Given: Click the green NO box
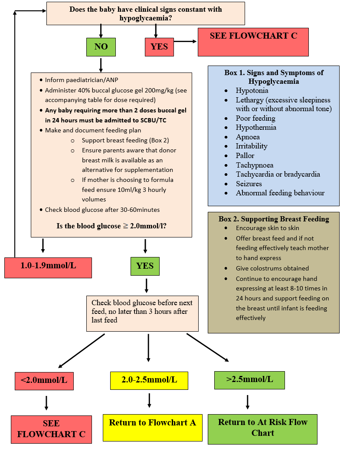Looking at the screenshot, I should [x=101, y=47].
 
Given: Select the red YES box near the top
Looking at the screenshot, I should [x=159, y=47].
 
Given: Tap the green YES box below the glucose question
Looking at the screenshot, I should [x=145, y=266].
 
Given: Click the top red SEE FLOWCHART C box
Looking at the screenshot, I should [x=253, y=42].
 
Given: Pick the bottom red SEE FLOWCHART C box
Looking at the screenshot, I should [x=51, y=429].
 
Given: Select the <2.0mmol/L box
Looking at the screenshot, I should [x=44, y=380].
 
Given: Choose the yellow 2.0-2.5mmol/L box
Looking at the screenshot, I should [x=149, y=380].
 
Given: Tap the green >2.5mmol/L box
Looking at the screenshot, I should [x=249, y=380].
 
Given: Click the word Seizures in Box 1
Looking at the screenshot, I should [x=249, y=184].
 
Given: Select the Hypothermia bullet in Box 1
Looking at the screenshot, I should [x=256, y=127].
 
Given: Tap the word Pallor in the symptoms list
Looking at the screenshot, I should [x=245, y=155].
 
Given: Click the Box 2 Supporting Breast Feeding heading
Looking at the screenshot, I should [x=274, y=219].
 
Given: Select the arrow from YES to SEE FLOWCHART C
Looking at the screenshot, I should [x=185, y=42].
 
